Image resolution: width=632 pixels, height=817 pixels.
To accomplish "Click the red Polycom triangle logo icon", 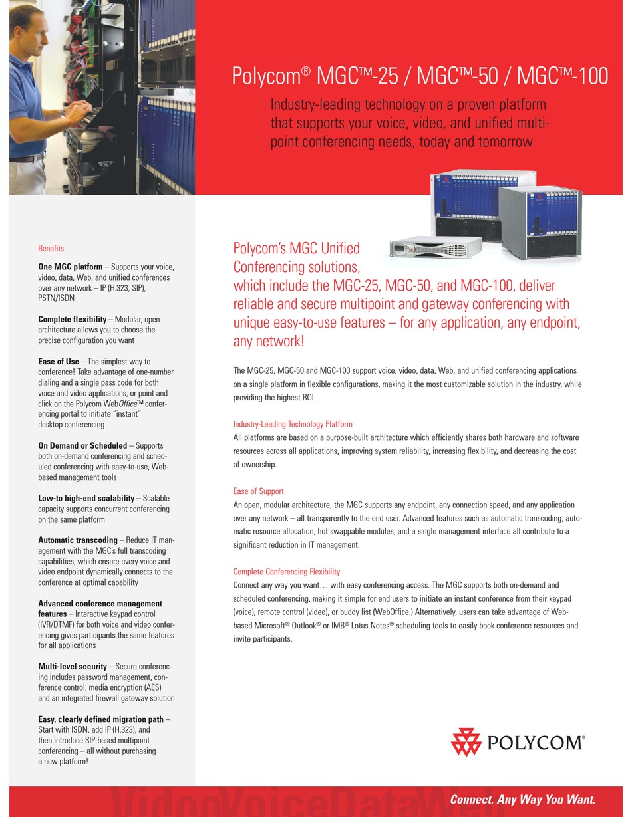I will click(x=466, y=742).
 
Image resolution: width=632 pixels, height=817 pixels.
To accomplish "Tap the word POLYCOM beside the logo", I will click(x=535, y=743).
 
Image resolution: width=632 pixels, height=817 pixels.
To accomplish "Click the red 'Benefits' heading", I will click(x=51, y=249).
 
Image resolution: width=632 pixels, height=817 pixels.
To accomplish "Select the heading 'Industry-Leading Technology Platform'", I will click(x=293, y=424).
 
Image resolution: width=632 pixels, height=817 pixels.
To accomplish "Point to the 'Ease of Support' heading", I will click(x=258, y=491).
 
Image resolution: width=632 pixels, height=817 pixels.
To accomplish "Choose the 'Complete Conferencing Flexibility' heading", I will click(x=286, y=572).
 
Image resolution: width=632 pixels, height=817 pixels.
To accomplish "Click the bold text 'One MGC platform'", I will click(x=71, y=267).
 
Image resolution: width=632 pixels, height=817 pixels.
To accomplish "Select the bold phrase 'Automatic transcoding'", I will click(x=77, y=540).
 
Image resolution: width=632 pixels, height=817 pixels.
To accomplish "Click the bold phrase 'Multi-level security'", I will click(x=73, y=667).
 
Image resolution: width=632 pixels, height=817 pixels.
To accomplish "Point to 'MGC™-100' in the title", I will click(x=562, y=76).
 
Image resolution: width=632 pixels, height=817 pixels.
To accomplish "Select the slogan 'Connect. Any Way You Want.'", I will click(x=522, y=800).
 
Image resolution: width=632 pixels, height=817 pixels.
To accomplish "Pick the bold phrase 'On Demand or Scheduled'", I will click(x=82, y=446).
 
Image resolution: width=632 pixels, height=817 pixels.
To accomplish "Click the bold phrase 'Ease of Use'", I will click(x=59, y=362).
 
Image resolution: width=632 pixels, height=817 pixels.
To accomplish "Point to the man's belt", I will click(x=27, y=158).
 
